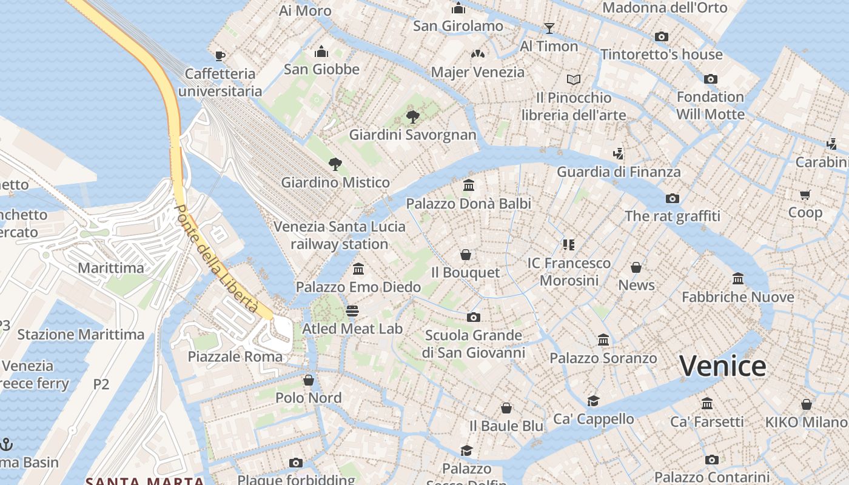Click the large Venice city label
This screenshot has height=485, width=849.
[722, 366]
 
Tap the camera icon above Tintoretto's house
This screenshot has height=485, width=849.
[662, 36]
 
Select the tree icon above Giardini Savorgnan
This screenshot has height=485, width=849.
[412, 116]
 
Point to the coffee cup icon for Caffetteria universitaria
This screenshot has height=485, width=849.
[220, 56]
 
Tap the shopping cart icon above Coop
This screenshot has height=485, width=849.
[805, 195]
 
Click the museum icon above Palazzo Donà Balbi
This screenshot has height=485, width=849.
[468, 186]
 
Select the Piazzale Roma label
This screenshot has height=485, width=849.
[235, 356]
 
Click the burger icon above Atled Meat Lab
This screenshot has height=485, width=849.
[352, 311]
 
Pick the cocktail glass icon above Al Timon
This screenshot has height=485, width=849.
[549, 28]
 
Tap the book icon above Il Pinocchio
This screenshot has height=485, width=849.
[573, 79]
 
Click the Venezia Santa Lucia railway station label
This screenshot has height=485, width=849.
[339, 235]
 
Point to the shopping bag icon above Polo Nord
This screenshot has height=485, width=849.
[308, 380]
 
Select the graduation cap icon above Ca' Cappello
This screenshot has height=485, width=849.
[593, 401]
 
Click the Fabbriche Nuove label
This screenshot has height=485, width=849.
[737, 297]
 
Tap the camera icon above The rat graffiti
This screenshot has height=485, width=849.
[672, 198]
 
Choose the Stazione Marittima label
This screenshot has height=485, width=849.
[81, 335]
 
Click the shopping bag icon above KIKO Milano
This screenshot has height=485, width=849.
[806, 404]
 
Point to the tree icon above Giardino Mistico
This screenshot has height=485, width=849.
[335, 164]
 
